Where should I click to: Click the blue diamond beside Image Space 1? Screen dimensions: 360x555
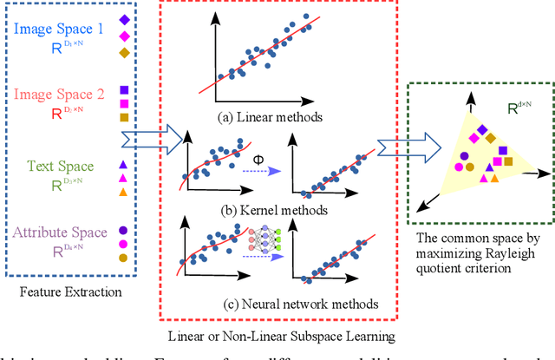(125, 18)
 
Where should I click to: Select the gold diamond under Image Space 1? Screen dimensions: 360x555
(125, 54)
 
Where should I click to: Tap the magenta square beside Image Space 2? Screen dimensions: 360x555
(125, 103)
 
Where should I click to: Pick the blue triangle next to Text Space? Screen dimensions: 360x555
(125, 164)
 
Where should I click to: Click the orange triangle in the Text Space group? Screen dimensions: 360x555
(125, 192)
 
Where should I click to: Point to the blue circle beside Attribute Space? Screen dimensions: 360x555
(125, 231)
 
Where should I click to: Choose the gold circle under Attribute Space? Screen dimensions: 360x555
(125, 259)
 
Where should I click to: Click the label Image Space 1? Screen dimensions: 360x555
(59, 29)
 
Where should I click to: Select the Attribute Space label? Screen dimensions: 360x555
(60, 232)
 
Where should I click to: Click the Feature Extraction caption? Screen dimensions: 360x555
(70, 292)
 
